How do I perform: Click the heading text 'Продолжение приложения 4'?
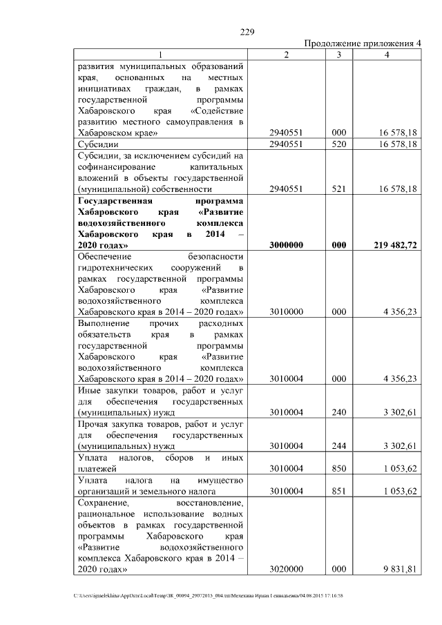363,44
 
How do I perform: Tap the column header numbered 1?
161,55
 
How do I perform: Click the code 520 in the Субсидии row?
338,144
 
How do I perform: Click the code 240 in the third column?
338,412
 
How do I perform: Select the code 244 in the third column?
338,445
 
